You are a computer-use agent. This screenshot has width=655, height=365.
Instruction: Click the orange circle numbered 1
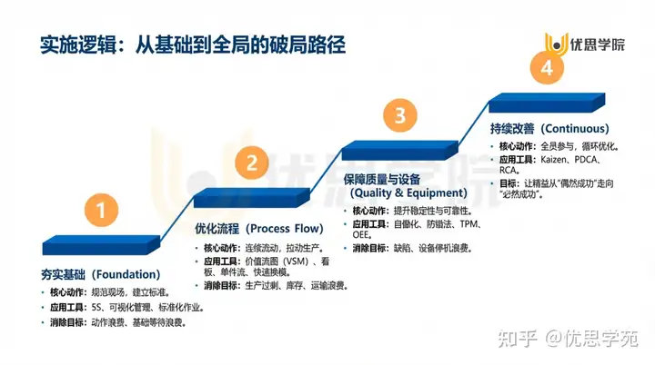coord(106,212)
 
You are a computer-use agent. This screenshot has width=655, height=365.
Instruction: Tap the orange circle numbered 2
coord(252,163)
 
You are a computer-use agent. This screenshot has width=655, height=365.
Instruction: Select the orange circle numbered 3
coord(399,115)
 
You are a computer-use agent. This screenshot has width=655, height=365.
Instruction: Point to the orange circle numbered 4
coord(546,68)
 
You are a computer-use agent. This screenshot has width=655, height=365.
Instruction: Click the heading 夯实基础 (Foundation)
coord(101,273)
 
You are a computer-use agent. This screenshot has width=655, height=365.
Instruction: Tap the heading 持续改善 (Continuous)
coord(549,128)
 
